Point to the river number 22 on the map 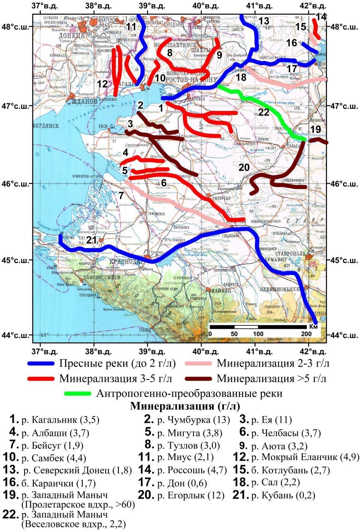click(264, 112)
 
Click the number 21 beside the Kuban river click(91, 240)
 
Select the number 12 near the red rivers click(102, 84)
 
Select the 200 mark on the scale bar click(306, 334)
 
